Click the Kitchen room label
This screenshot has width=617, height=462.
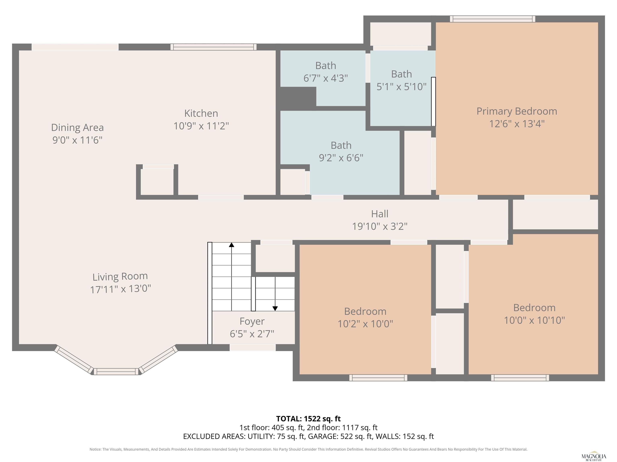201,113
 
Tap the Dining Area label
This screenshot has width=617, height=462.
77,128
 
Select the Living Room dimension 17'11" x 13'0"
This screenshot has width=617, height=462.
120,289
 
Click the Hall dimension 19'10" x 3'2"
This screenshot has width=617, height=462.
380,226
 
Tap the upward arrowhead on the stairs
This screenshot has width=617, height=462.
232,245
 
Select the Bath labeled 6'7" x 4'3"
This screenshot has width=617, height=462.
326,72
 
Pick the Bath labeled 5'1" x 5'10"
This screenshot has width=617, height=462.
401,80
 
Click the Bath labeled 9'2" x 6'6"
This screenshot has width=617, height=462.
341,152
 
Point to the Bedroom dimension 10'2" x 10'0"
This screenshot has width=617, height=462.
365,324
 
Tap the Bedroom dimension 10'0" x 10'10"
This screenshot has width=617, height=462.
534,320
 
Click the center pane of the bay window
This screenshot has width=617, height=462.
116,372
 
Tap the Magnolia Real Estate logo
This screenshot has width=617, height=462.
594,456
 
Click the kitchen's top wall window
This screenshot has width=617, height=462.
213,47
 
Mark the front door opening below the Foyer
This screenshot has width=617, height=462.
252,348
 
